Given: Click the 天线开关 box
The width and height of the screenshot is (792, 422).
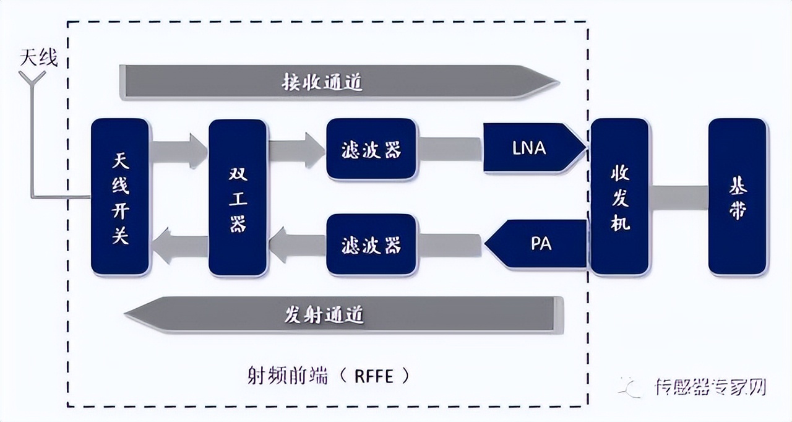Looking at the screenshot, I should point(120,197).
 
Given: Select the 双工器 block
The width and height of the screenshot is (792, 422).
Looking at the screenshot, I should point(238,197).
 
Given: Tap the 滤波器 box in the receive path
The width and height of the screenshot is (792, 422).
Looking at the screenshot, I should point(371,149).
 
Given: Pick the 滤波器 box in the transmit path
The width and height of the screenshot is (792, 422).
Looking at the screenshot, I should point(371,244).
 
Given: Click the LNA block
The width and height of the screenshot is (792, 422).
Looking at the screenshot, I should point(530,149).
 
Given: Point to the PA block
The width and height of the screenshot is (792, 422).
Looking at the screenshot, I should point(538,244).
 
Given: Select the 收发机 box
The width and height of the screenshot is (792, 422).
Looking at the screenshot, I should point(619,197).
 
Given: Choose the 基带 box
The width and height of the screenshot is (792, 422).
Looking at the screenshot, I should point(737,197).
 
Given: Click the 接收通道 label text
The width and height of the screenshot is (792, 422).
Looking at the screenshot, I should point(322,82).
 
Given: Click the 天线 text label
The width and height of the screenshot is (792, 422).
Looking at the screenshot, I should point(39,59).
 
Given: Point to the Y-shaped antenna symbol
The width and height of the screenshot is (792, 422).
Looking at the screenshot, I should point(32,79).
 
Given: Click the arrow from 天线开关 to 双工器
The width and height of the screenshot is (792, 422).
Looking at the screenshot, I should point(179,151).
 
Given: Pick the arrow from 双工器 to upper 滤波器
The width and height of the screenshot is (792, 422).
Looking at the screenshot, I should point(296,150).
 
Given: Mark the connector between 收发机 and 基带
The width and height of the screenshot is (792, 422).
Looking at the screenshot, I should point(678,197).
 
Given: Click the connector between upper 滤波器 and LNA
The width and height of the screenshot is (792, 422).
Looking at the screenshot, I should point(450,149).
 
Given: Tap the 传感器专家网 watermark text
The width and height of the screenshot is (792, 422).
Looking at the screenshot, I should point(710,387).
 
